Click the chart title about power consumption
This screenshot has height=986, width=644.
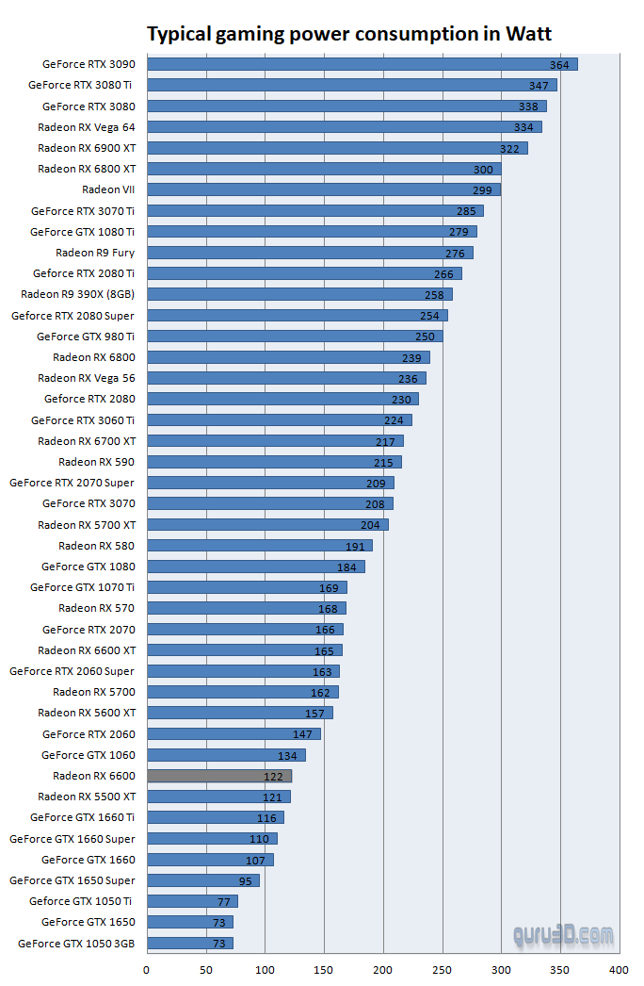coord(349,35)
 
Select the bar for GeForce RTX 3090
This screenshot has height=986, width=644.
coord(362,64)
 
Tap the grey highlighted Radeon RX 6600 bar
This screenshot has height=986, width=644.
coord(219,776)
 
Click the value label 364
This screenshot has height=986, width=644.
coord(560,65)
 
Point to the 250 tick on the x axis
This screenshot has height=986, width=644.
coord(442,969)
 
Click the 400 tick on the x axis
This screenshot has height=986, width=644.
coord(619,969)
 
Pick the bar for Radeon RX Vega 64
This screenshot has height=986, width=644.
coord(345,126)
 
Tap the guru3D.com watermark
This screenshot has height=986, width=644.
coord(563,936)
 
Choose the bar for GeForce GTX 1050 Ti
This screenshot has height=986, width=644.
coord(192,901)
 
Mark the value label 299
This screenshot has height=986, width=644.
coord(483,190)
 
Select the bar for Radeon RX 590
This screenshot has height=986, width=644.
coord(274,462)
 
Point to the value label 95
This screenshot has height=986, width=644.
coord(246,881)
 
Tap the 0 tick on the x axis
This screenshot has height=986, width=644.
coord(147,969)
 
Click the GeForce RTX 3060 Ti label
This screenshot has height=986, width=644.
coord(83,420)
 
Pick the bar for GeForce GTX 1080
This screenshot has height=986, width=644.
coord(256,567)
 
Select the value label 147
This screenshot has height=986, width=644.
coord(302,734)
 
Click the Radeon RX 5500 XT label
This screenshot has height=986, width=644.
coord(87,797)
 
